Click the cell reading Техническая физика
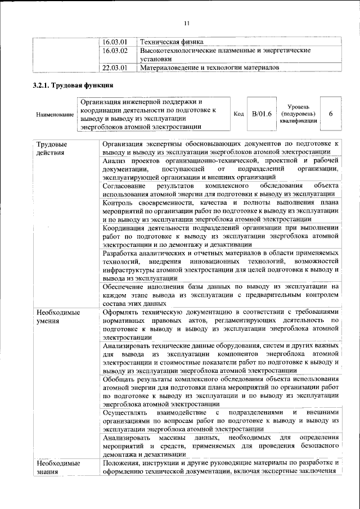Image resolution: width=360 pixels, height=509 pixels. pos(172,42)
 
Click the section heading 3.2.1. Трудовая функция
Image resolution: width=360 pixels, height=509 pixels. pos(73,86)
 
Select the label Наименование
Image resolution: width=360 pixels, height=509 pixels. pos(55,115)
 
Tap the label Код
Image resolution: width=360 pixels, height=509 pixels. pos(238,114)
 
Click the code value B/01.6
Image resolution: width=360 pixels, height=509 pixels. pos(262,114)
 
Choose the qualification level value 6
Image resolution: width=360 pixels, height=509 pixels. pos(331,114)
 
